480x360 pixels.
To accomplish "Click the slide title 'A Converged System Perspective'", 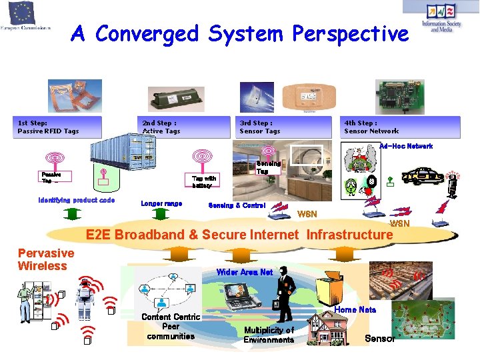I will click(x=239, y=33).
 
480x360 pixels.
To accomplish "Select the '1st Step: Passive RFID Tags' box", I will click(x=59, y=127).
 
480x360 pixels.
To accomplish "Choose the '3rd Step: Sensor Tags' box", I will click(x=285, y=127).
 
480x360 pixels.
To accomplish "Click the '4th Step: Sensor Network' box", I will click(x=401, y=127).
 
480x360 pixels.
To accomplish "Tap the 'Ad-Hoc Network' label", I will click(x=406, y=146).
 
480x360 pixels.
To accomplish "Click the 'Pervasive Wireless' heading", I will click(x=46, y=260).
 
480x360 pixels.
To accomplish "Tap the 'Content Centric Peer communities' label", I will click(x=171, y=327).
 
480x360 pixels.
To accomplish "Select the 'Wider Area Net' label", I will click(x=245, y=272).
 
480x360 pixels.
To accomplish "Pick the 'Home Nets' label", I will click(x=355, y=310).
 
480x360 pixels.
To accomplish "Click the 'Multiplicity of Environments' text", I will click(x=269, y=335).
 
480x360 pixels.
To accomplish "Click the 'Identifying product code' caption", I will click(x=77, y=200).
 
